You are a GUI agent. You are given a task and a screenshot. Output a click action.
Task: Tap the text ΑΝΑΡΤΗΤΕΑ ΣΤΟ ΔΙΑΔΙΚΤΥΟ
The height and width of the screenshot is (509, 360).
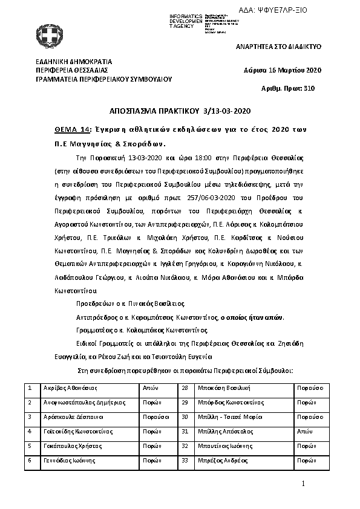278,47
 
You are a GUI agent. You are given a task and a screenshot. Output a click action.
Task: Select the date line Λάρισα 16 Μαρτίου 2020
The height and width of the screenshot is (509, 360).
283,70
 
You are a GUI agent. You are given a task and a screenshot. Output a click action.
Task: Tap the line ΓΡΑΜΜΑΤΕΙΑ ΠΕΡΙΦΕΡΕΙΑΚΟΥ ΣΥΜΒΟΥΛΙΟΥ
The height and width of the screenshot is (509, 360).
104,79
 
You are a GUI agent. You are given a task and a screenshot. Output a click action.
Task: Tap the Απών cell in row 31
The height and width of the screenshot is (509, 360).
304,432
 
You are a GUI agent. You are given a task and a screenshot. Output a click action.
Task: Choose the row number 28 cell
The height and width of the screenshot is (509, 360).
185,387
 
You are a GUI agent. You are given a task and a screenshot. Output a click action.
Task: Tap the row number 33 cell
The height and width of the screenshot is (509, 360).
185,461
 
